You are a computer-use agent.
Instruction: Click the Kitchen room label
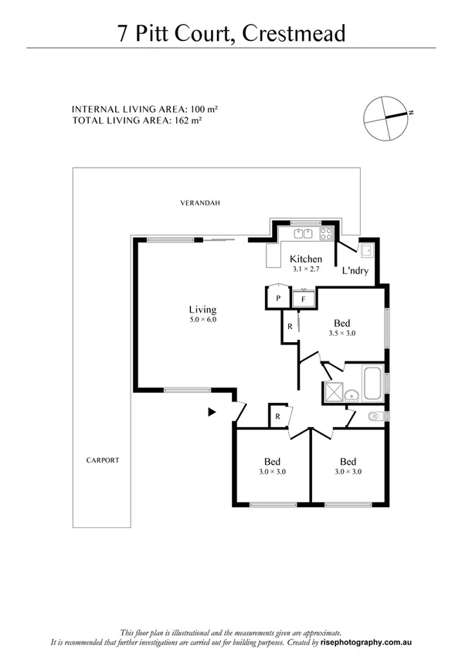coord(304,259)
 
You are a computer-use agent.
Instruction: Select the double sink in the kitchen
coord(301,232)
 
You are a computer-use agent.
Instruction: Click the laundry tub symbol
coord(366,249)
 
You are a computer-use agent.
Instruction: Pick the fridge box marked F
coord(304,297)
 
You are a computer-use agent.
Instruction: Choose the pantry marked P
coord(277,297)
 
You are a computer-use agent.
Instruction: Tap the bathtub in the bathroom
coord(372,382)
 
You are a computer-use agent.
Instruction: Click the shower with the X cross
coord(333,392)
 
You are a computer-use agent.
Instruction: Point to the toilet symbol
coord(374,416)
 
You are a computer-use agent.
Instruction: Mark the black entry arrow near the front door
coord(212,412)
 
